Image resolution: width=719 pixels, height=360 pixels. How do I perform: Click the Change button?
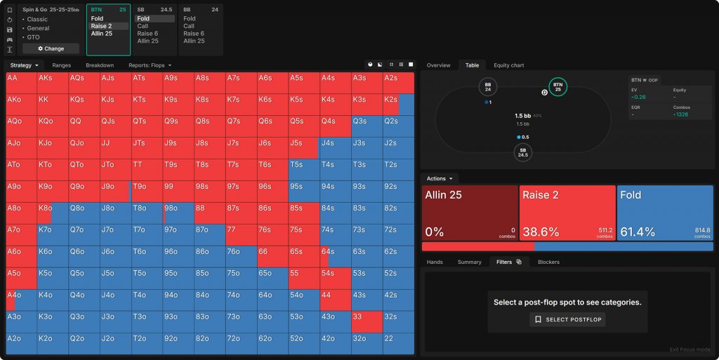51,48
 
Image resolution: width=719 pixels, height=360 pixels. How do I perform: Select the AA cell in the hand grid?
21,82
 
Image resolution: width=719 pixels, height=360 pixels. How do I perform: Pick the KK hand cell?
53,105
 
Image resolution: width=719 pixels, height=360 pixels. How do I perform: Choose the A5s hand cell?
305,82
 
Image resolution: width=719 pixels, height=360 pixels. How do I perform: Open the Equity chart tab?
508,65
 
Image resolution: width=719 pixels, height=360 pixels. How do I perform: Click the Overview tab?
438,65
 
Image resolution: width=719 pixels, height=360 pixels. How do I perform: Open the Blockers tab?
548,262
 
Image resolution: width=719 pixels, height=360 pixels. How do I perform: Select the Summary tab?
469,262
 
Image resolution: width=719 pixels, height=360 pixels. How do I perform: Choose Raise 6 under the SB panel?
147,34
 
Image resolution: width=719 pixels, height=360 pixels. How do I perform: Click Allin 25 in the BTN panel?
102,34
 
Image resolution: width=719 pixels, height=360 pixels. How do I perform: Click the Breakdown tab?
100,65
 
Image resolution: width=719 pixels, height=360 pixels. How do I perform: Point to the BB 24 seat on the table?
488,87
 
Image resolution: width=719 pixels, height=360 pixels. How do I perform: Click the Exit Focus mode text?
690,349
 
